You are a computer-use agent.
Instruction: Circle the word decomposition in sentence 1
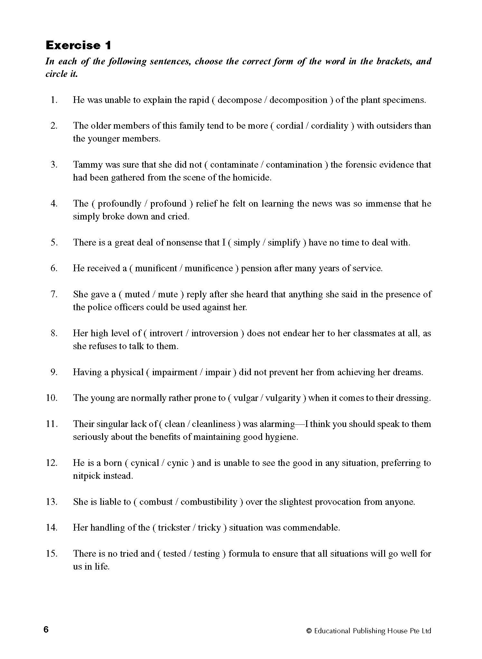pyautogui.click(x=298, y=100)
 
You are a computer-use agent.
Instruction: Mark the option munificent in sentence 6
pyautogui.click(x=156, y=268)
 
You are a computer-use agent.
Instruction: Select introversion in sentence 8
pyautogui.click(x=215, y=333)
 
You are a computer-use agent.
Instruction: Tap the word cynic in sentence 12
pyautogui.click(x=177, y=463)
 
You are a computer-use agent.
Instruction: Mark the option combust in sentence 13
pyautogui.click(x=156, y=502)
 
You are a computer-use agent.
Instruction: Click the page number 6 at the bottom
pyautogui.click(x=46, y=630)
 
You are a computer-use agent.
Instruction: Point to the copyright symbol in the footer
pyautogui.click(x=309, y=631)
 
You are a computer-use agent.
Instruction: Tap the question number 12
pyautogui.click(x=52, y=463)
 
